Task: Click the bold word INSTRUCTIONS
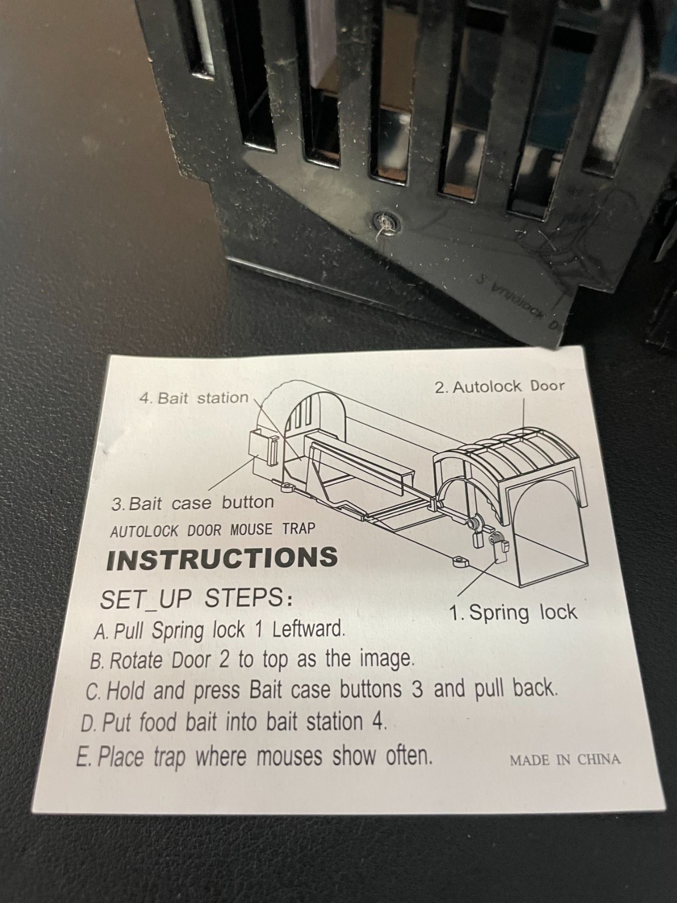(x=222, y=558)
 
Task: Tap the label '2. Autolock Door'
(x=500, y=386)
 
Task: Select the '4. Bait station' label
(x=194, y=398)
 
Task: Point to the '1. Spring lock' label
(x=513, y=613)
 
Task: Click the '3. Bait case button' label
(x=193, y=503)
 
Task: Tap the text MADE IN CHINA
(x=565, y=760)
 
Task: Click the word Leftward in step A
(x=309, y=629)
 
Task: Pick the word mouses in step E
(x=289, y=756)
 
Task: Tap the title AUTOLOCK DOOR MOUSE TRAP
(x=213, y=530)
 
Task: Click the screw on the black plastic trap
(x=385, y=221)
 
